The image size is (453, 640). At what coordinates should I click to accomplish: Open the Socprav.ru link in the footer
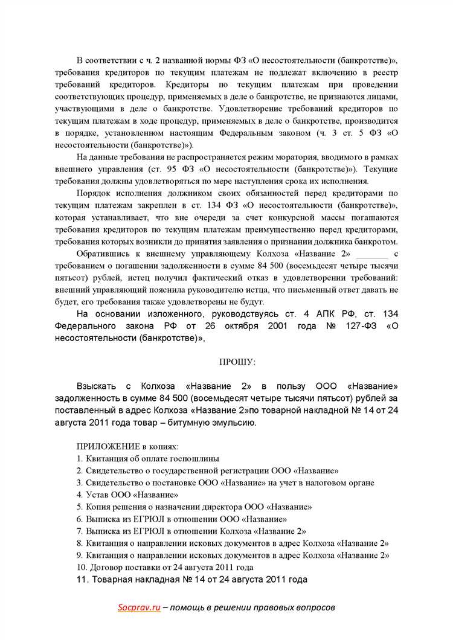(x=139, y=607)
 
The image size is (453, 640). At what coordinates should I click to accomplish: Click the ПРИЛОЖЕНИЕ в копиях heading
(x=127, y=446)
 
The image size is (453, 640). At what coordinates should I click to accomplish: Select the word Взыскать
(x=97, y=386)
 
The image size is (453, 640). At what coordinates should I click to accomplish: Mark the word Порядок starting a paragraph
(x=94, y=193)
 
